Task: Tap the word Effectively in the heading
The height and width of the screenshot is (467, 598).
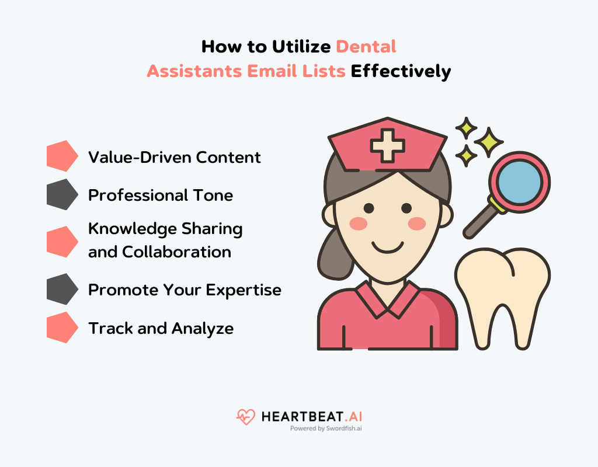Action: click(x=401, y=71)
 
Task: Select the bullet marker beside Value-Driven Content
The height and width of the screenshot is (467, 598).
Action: click(x=62, y=156)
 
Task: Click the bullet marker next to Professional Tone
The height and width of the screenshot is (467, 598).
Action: click(x=62, y=194)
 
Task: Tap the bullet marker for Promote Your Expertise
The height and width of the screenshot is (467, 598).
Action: click(x=62, y=289)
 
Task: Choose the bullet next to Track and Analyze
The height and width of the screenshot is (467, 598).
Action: click(x=62, y=327)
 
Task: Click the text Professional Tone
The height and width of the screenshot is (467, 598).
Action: click(x=161, y=195)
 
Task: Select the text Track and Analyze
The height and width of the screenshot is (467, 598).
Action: click(x=161, y=328)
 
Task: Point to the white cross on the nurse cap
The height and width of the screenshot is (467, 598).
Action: click(x=388, y=144)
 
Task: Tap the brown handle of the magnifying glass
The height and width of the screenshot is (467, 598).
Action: click(x=478, y=222)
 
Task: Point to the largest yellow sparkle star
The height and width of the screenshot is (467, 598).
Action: click(x=488, y=142)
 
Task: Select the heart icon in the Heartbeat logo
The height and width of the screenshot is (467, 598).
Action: click(x=246, y=416)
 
